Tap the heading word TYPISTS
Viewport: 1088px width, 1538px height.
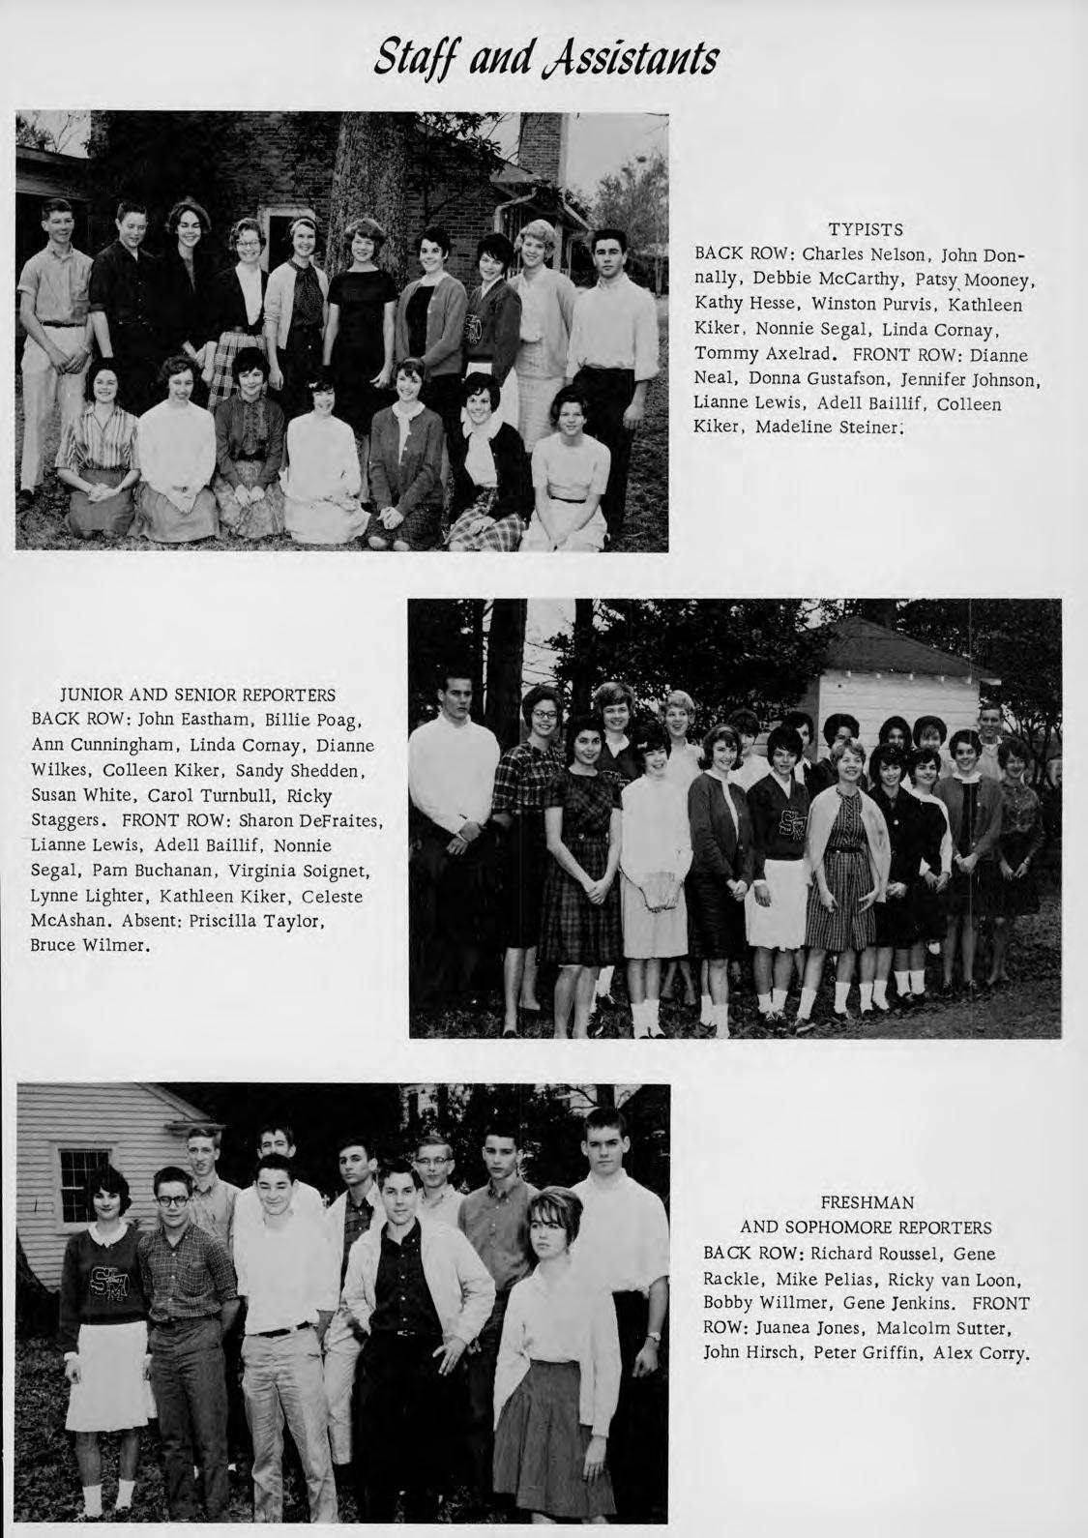coord(866,229)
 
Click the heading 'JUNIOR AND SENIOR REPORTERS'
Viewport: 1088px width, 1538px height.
coord(198,695)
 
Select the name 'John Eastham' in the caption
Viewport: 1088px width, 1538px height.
coord(185,719)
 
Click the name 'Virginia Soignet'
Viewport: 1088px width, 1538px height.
coord(301,870)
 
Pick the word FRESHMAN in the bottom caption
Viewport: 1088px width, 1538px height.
coord(866,1203)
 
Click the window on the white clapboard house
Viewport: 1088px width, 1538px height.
coord(85,1177)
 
